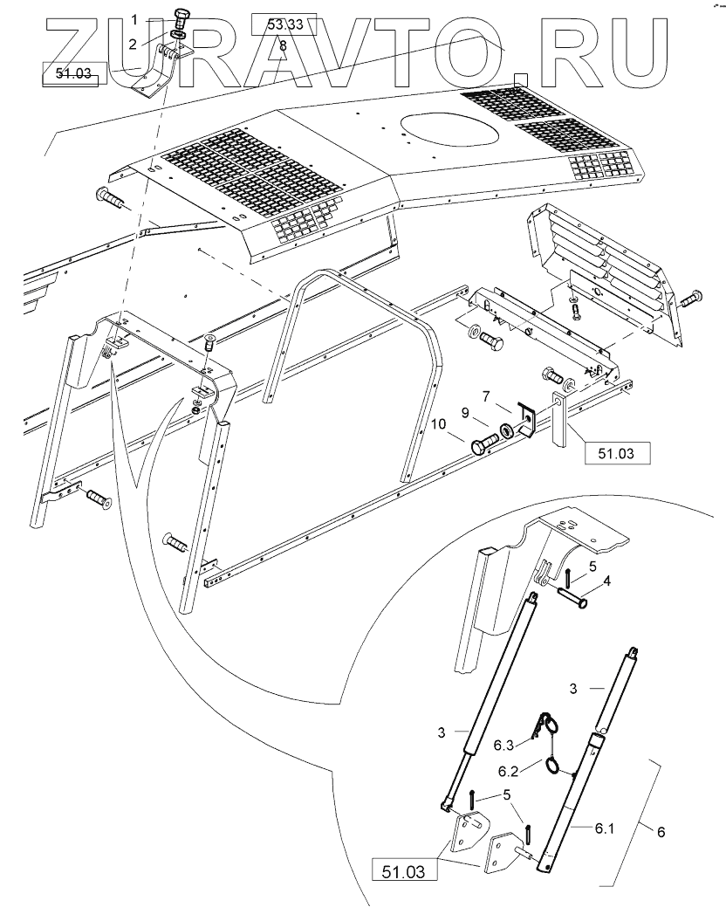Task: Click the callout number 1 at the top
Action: tap(134, 18)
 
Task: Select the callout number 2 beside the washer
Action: tap(133, 44)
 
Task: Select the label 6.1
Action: tap(606, 829)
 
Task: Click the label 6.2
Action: tap(509, 771)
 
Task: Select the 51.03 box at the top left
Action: tap(73, 74)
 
